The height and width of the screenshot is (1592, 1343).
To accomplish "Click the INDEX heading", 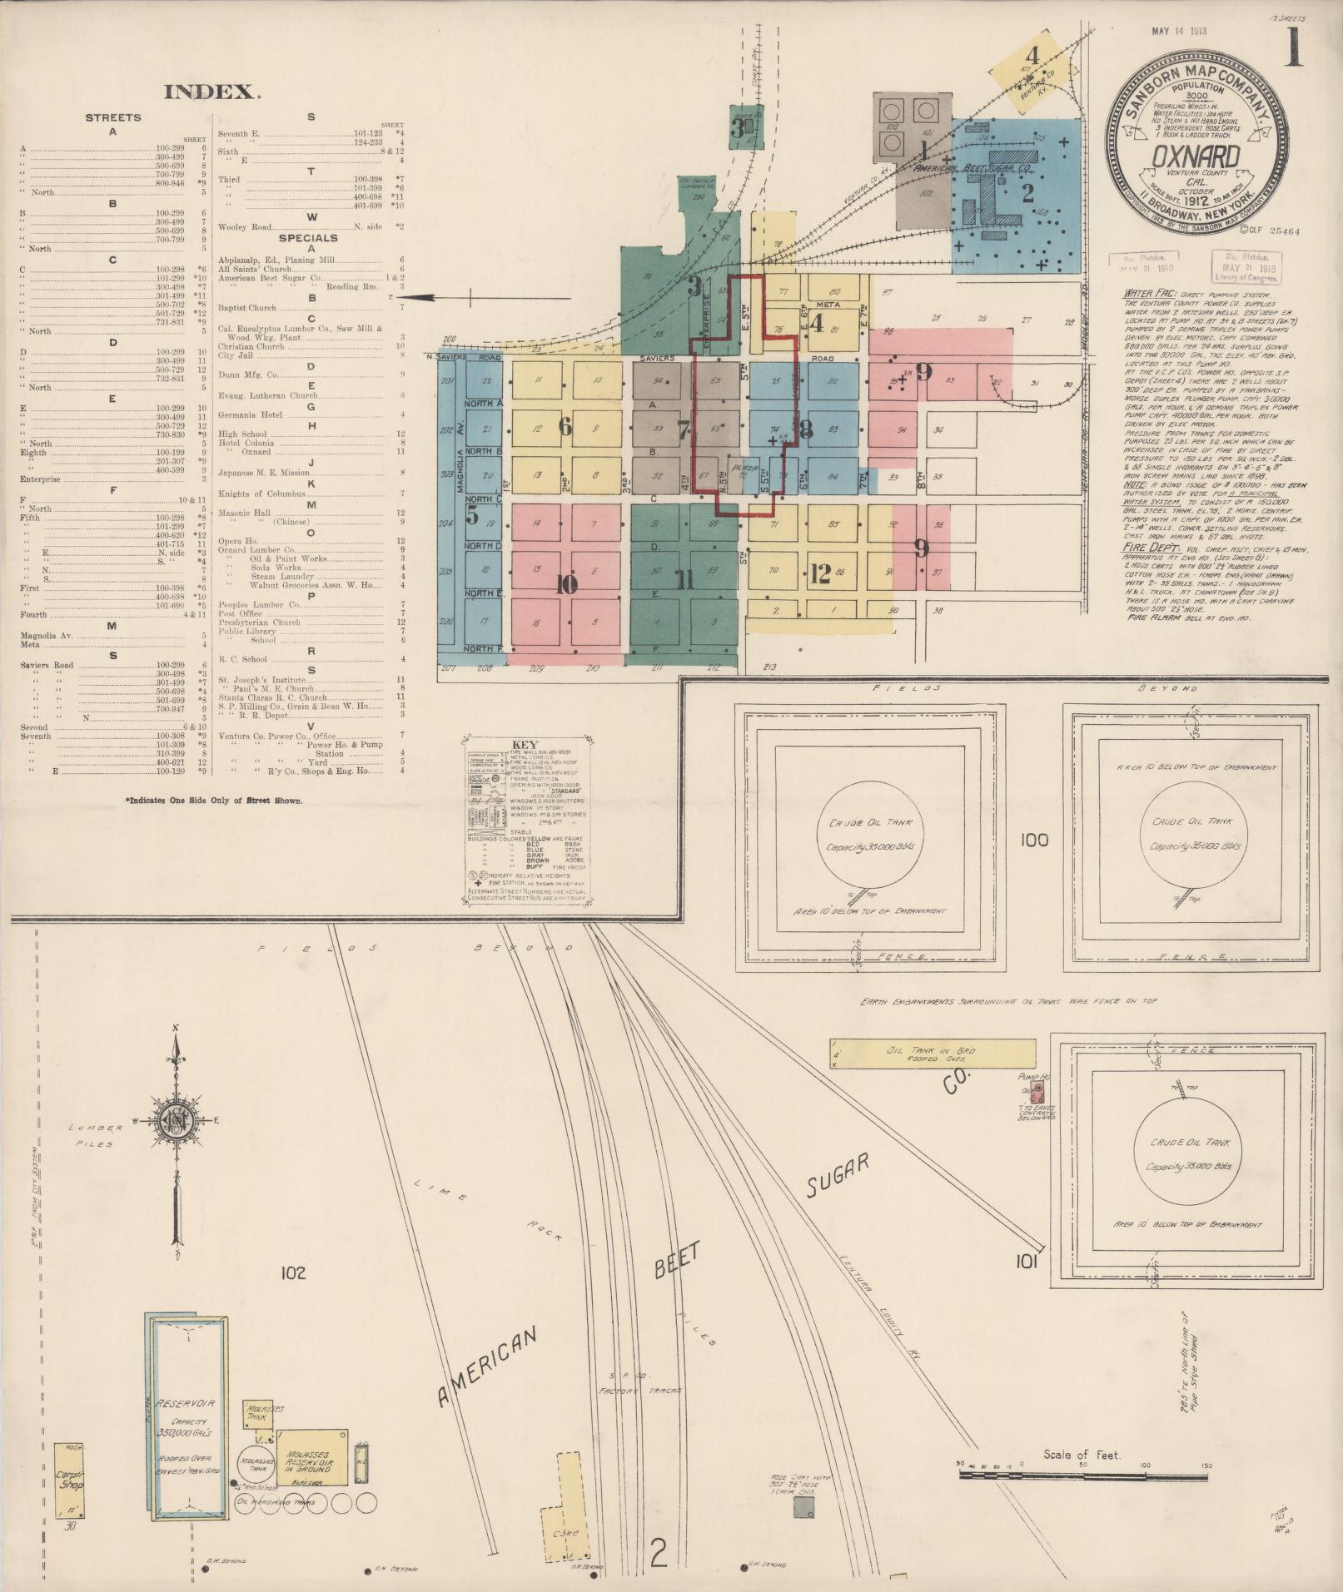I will pyautogui.click(x=212, y=92).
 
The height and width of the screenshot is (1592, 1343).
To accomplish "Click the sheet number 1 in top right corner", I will pyautogui.click(x=1294, y=47).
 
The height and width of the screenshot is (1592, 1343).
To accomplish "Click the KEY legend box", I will pyautogui.click(x=526, y=821).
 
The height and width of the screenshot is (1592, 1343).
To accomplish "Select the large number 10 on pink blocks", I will pyautogui.click(x=566, y=584).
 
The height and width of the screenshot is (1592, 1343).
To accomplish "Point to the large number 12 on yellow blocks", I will pyautogui.click(x=819, y=573).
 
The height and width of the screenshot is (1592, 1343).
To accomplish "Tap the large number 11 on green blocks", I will pyautogui.click(x=684, y=580).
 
